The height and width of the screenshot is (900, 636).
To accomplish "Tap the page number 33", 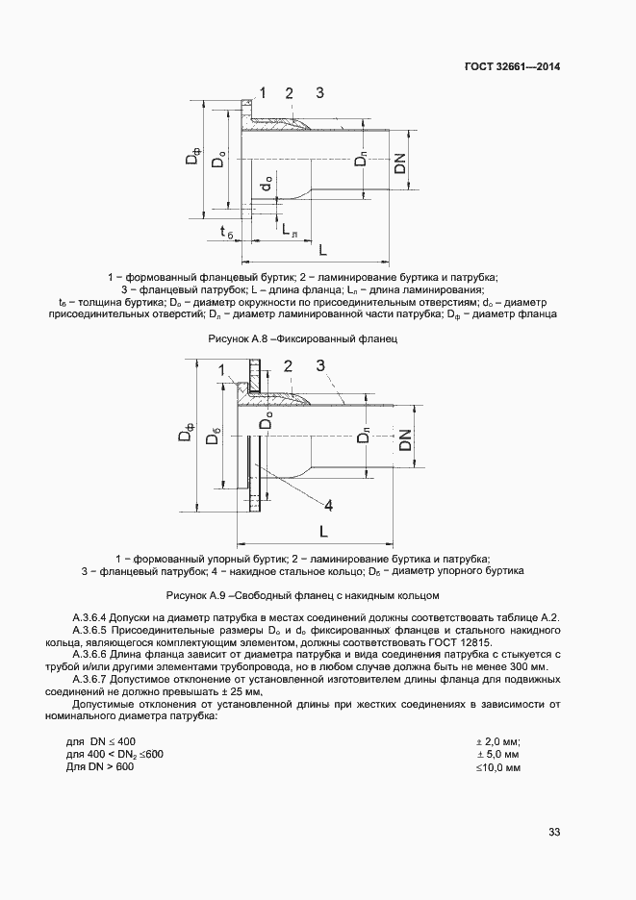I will (x=554, y=832).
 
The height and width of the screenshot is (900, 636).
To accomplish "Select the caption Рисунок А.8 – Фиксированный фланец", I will (x=303, y=339).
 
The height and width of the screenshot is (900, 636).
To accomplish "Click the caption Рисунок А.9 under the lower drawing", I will (x=303, y=595).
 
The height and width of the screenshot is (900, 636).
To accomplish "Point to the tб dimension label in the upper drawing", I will (x=226, y=234).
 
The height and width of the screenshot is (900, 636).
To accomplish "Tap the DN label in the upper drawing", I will (x=400, y=163).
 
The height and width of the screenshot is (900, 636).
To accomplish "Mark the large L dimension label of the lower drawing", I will (x=323, y=531).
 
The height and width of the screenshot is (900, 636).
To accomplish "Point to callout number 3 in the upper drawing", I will (x=319, y=92).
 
